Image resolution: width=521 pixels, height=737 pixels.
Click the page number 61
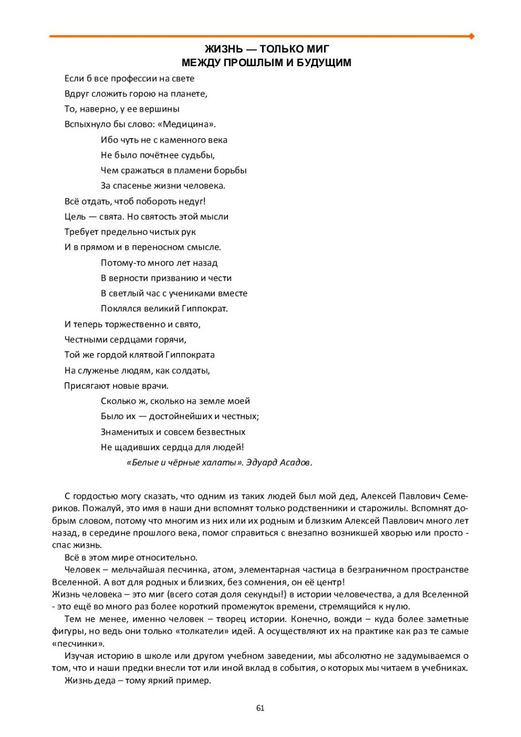260,708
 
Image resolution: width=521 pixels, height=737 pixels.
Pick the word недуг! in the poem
192,202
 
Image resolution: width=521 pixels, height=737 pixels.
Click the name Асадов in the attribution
296,463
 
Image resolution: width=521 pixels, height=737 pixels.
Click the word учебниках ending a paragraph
446,668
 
